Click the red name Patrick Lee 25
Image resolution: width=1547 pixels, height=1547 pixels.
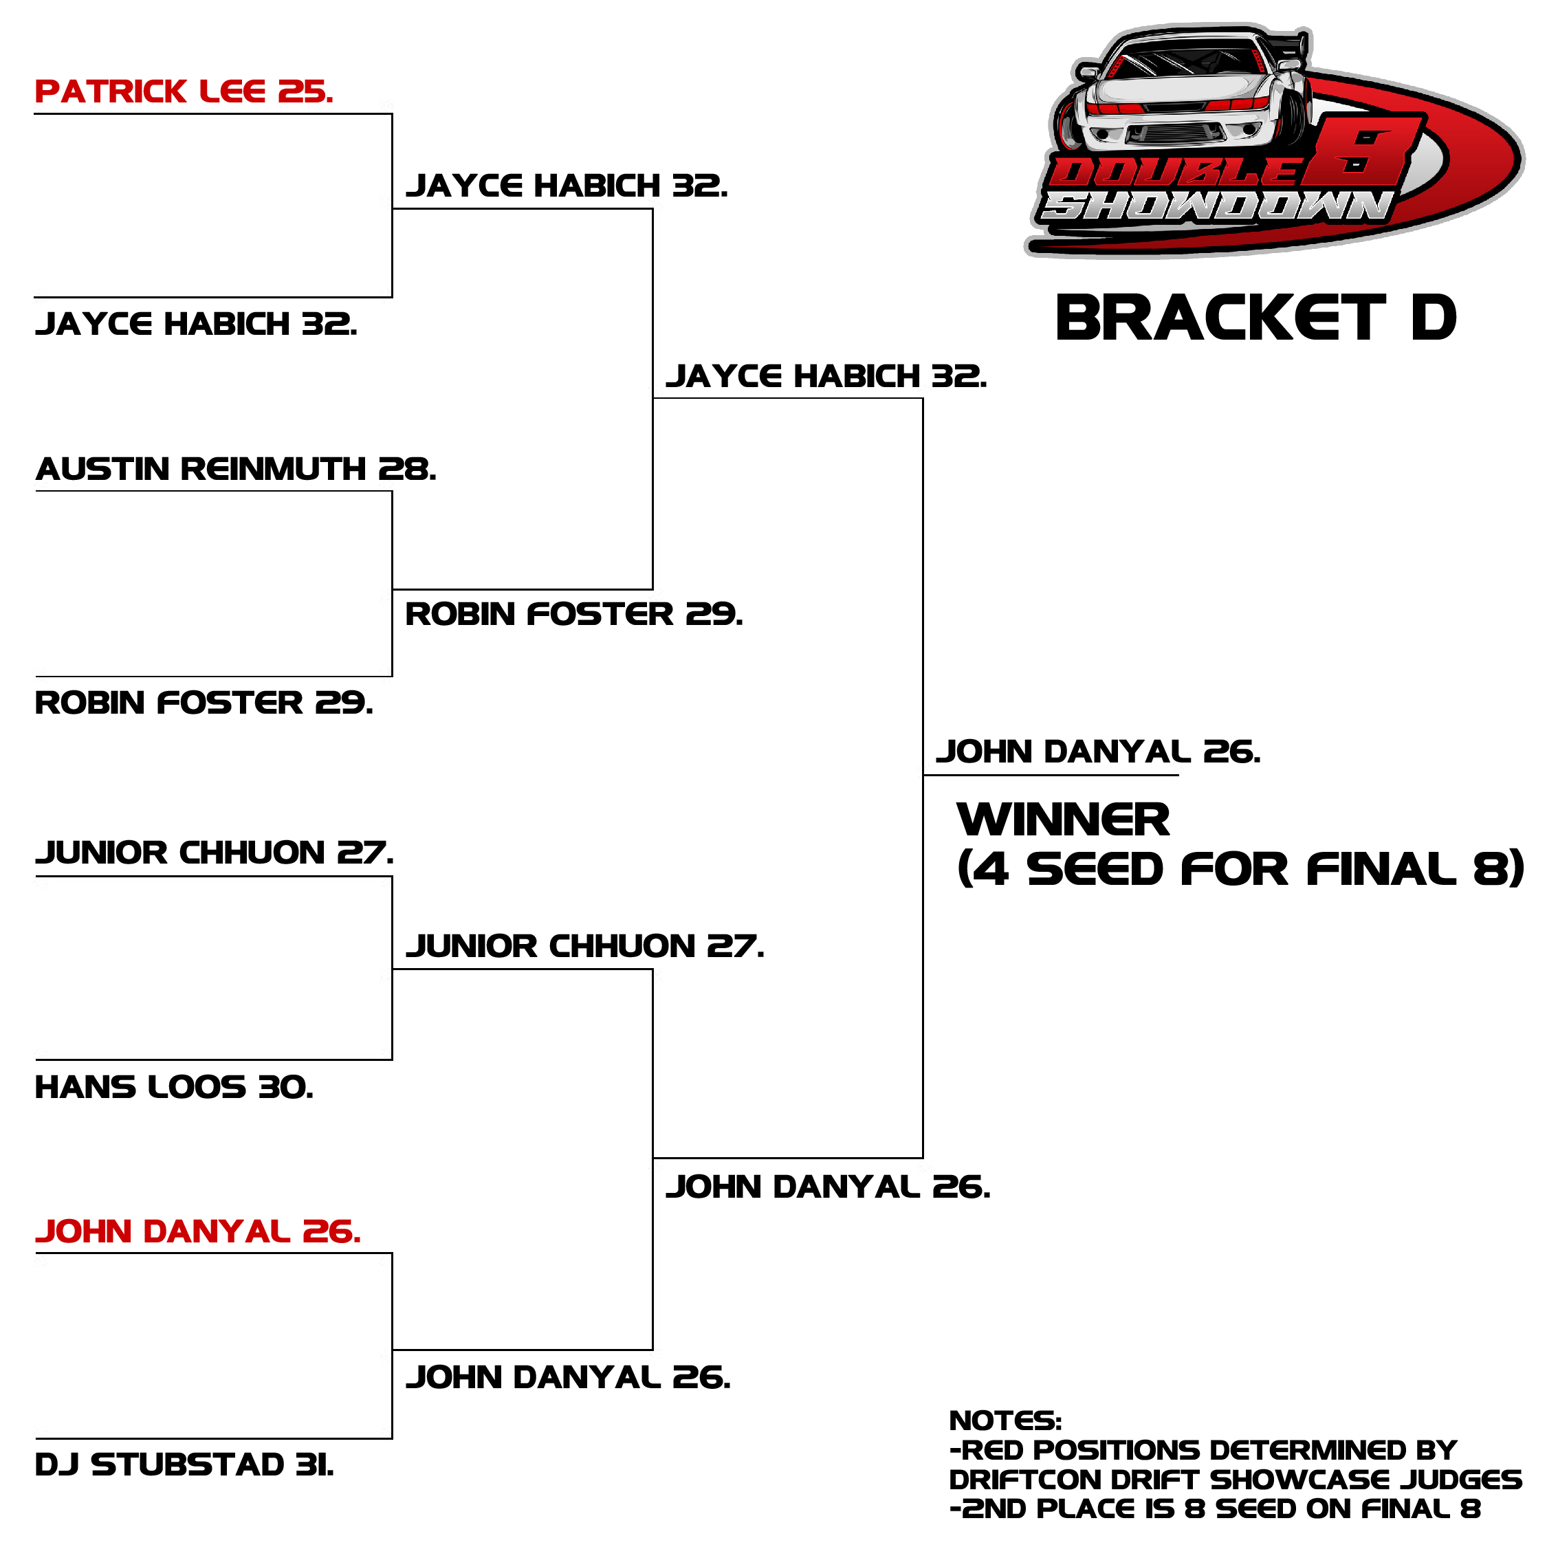click(184, 91)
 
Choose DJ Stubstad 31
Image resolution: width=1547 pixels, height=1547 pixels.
click(185, 1464)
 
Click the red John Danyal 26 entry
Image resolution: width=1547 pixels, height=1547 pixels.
click(199, 1231)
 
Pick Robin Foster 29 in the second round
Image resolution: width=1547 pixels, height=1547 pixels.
click(574, 613)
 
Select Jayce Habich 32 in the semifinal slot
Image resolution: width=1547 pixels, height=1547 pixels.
click(826, 375)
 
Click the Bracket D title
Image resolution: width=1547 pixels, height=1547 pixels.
click(1255, 318)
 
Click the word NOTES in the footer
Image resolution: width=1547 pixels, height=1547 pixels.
click(1005, 1420)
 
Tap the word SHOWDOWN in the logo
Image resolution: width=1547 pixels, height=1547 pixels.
click(1216, 206)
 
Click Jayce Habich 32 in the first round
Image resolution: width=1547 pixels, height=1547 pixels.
click(196, 323)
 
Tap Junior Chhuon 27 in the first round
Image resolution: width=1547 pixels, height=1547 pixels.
click(215, 852)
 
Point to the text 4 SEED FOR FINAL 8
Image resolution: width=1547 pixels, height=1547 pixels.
click(1241, 869)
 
